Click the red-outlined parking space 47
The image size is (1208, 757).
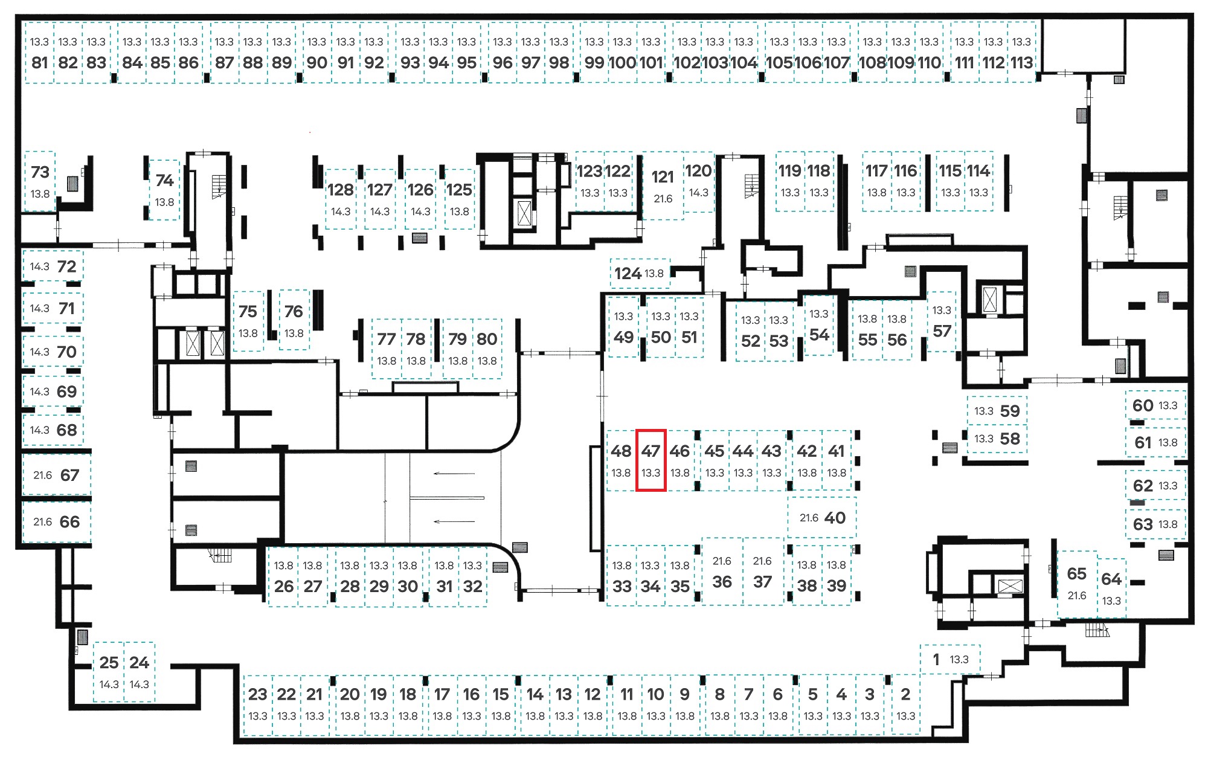[x=651, y=460]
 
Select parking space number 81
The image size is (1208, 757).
[x=39, y=53]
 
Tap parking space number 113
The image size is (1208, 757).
[x=1022, y=53]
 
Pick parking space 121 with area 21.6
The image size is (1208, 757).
[x=663, y=185]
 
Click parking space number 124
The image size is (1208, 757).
[x=639, y=274]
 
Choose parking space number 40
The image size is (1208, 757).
[x=822, y=518]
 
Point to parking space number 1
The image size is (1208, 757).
[x=950, y=659]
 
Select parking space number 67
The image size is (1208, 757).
[x=56, y=475]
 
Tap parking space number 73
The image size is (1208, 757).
[x=40, y=181]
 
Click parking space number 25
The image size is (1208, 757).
[x=109, y=672]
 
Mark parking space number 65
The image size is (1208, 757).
[x=1077, y=584]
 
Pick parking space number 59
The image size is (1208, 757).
[x=997, y=411]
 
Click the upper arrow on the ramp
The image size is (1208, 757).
[x=454, y=474]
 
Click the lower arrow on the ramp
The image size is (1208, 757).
[x=454, y=521]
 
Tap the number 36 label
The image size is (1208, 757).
[x=722, y=582]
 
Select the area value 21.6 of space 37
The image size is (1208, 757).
[x=762, y=561]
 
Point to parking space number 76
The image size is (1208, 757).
[x=294, y=320]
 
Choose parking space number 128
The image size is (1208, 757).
[x=341, y=199]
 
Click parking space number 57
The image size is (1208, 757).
[x=942, y=321]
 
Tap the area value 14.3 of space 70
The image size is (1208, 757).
[x=39, y=352]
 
